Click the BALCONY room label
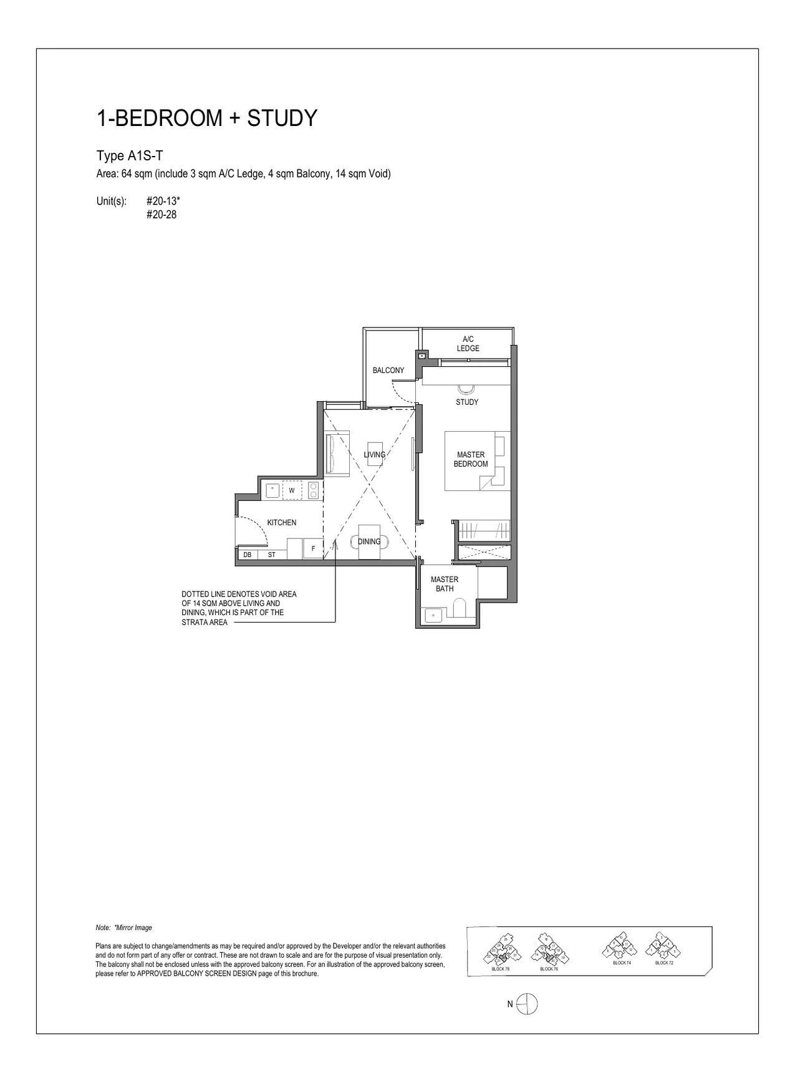click(388, 370)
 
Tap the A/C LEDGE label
click(468, 344)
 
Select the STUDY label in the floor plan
click(466, 402)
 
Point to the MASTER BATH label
click(444, 584)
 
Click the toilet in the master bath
click(460, 609)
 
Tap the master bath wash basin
click(433, 615)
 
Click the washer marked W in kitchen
click(292, 490)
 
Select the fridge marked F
click(312, 548)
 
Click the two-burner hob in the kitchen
click(314, 490)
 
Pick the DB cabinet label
click(248, 554)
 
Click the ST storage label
click(271, 554)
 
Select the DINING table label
click(369, 541)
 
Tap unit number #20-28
click(161, 215)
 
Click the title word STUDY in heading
click(282, 118)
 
